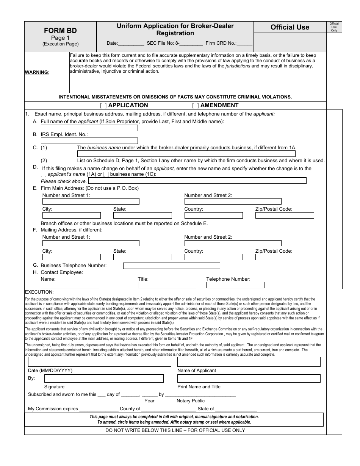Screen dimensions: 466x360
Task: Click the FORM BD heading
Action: coord(60,31)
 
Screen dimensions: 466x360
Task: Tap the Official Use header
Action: coord(290,27)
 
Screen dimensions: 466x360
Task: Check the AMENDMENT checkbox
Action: coord(195,106)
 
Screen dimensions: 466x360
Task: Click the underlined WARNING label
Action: coord(37,72)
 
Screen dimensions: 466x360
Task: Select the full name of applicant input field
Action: coord(89,128)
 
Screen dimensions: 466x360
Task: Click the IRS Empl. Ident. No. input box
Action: coord(89,141)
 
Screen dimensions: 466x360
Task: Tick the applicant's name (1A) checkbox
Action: coord(44,175)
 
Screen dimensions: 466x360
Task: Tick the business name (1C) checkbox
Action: coord(106,175)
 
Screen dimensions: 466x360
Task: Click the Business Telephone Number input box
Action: coord(171,266)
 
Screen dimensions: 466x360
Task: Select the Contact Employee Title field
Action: coord(167,285)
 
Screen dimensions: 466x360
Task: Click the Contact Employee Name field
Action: coord(70,285)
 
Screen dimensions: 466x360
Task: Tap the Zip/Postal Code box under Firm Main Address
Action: coord(285,216)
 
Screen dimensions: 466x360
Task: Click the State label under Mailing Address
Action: coord(120,251)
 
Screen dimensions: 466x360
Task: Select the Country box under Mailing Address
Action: coord(213,257)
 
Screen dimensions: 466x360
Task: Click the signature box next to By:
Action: coord(104,378)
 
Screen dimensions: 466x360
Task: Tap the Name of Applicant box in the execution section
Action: coord(249,362)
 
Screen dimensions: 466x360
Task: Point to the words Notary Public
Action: coord(190,401)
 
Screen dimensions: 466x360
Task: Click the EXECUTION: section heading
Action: coord(39,292)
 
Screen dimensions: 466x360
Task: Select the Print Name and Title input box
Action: coord(249,378)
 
